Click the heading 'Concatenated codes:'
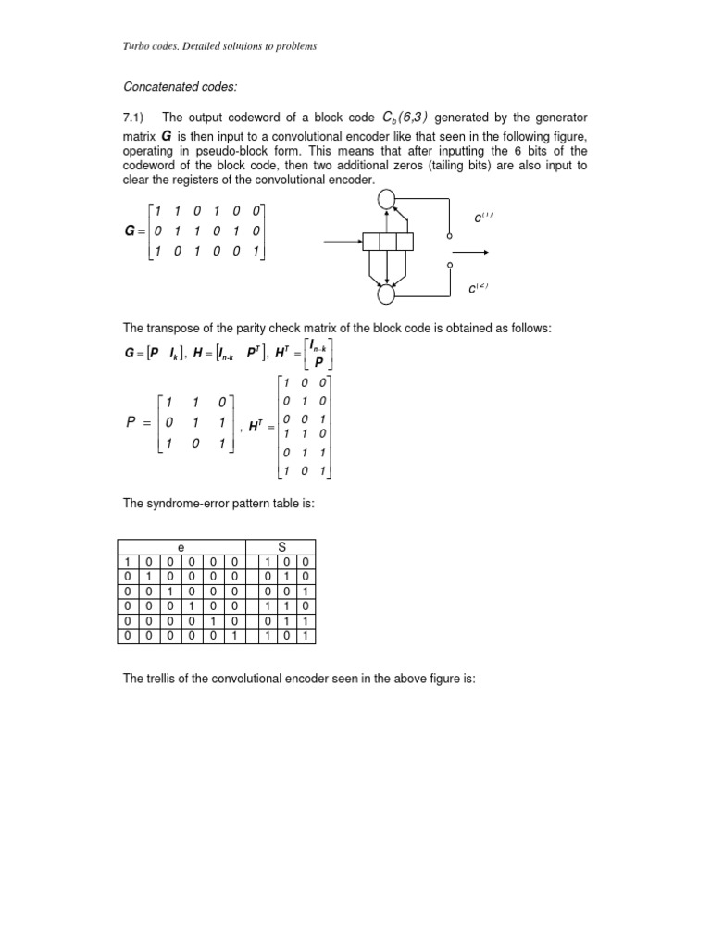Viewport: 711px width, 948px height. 180,87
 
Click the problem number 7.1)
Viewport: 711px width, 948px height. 137,119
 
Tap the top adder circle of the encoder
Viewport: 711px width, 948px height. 387,197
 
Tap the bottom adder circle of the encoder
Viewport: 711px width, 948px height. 387,293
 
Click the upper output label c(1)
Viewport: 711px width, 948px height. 481,219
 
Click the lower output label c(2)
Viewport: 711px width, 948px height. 479,290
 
